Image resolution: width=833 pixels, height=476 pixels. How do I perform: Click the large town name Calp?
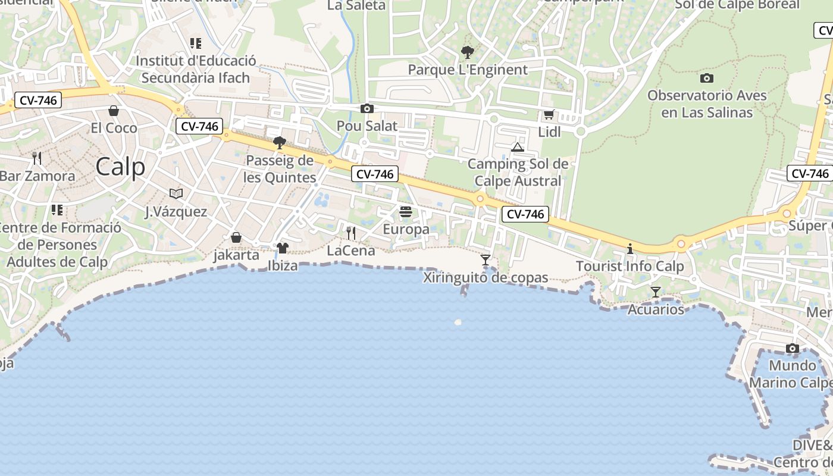[120, 167]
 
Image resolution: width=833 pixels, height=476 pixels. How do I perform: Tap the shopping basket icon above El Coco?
[114, 111]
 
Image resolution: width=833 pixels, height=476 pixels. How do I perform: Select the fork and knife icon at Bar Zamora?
[37, 158]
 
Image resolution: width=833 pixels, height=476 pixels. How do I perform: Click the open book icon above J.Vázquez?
[176, 193]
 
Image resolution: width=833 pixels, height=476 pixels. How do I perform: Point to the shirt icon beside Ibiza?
[282, 248]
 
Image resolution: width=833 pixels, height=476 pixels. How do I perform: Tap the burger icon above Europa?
[406, 212]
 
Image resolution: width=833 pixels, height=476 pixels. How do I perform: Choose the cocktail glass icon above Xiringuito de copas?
[486, 260]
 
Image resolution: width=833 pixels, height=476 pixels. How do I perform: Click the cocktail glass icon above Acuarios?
[656, 292]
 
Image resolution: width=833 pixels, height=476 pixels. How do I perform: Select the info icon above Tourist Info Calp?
[630, 249]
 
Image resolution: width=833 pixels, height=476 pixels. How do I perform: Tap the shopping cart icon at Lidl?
[549, 114]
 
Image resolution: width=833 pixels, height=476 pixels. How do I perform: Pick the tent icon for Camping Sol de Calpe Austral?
[518, 147]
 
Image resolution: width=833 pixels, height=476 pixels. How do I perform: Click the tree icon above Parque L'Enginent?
[468, 52]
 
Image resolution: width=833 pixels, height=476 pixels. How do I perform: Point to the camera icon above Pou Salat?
[367, 108]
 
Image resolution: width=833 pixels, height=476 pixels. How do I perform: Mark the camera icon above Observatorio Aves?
[707, 78]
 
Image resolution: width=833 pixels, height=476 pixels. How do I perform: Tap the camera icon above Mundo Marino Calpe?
[792, 348]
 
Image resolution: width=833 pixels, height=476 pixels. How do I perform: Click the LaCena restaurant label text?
[351, 250]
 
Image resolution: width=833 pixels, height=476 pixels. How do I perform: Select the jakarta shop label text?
[236, 255]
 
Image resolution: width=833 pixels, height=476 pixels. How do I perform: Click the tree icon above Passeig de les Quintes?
[279, 143]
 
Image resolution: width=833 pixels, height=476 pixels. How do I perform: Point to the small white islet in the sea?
[458, 322]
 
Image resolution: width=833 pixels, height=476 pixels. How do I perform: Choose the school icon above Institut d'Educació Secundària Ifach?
[195, 43]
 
